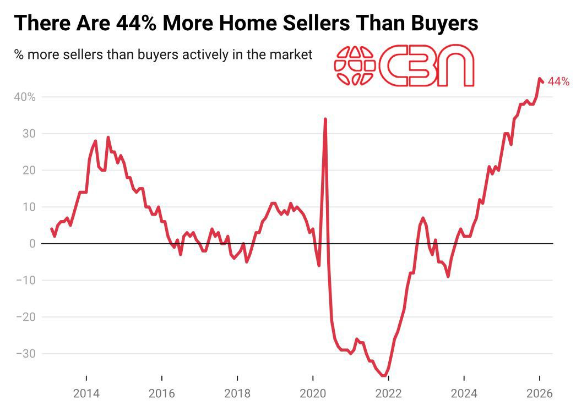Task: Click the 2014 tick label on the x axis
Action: click(x=86, y=394)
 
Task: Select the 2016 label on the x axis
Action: click(x=161, y=394)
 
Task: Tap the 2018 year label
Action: click(x=237, y=394)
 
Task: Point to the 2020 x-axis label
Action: click(x=312, y=394)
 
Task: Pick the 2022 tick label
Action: click(x=388, y=394)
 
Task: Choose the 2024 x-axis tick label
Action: click(x=464, y=394)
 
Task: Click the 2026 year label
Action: click(x=539, y=394)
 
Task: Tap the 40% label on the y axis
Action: click(x=25, y=97)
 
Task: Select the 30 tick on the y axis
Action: click(x=29, y=134)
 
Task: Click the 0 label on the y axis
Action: click(x=32, y=244)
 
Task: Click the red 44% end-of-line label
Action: click(x=558, y=82)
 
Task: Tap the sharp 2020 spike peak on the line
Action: click(x=325, y=119)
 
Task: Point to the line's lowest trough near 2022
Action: click(x=384, y=376)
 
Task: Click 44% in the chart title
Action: click(x=136, y=23)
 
